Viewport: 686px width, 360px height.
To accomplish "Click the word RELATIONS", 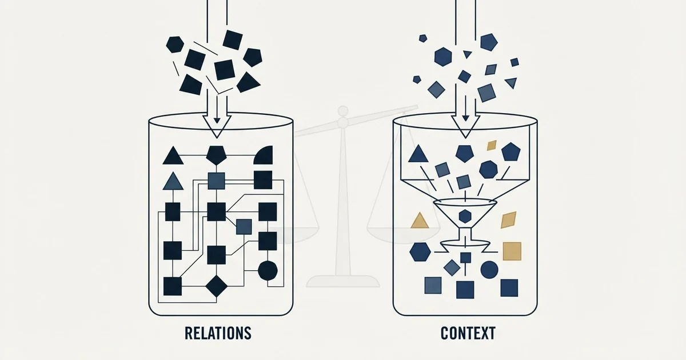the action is point(218,333).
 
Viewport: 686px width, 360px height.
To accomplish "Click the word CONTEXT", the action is point(468,333).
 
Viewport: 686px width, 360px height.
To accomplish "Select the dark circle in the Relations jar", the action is point(268,271).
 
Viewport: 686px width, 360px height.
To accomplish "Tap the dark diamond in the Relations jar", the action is point(217,286).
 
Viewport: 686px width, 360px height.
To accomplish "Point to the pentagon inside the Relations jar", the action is point(217,155).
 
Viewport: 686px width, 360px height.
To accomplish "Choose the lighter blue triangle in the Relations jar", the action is point(173,181).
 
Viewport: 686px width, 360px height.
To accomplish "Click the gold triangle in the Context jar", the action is point(420,221).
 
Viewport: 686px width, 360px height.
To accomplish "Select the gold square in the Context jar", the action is point(512,251).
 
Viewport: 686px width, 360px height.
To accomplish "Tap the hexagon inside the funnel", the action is point(465,216).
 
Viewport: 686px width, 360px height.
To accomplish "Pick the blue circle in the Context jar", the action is point(489,270).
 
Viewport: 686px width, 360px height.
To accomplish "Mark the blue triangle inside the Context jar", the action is point(418,154).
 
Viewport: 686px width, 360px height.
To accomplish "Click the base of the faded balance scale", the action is point(343,281).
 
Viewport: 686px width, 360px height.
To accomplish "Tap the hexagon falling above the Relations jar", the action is point(175,45).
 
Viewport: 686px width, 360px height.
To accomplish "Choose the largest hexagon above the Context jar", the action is point(443,57).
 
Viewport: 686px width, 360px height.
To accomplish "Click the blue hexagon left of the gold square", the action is point(420,251).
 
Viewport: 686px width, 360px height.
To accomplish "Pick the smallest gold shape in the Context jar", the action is point(492,145).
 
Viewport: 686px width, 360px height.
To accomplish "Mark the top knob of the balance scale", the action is point(343,110).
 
